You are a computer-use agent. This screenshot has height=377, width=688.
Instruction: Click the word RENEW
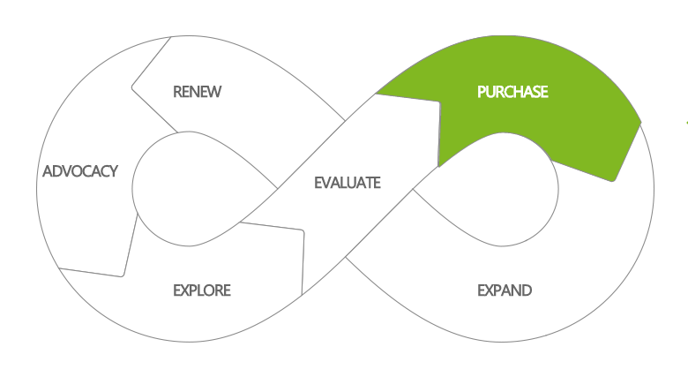click(197, 92)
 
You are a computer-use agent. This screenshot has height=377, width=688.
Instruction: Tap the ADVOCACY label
click(80, 171)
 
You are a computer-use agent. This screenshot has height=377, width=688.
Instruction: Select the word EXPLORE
click(201, 290)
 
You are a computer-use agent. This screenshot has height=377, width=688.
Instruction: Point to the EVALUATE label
click(348, 184)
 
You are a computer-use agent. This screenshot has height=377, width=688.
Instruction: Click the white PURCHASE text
click(512, 92)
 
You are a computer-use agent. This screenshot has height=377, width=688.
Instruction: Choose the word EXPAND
click(505, 290)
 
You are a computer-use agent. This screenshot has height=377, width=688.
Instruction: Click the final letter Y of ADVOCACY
click(114, 171)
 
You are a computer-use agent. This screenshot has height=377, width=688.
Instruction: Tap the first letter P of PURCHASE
click(482, 92)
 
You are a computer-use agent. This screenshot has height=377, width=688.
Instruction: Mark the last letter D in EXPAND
click(527, 290)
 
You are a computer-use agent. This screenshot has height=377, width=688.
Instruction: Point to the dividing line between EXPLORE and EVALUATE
click(303, 261)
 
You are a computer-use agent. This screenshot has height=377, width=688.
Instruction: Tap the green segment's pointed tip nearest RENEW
click(378, 93)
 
